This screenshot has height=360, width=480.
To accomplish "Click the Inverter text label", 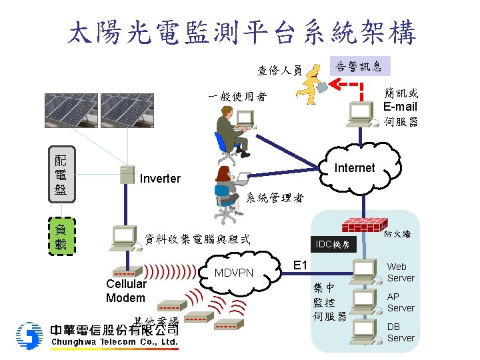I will pos(160,179).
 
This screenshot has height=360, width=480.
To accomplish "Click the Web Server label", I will pos(401,272).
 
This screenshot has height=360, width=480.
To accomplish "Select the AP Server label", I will pos(401,302).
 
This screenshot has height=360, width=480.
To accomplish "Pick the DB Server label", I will pos(401,332).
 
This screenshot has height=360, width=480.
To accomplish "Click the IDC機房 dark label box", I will pos(336,245).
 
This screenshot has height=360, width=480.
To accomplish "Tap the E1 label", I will pos(301,266).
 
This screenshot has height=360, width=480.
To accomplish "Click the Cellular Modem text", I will pos(126,291).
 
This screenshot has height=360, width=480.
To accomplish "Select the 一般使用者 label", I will pos(237,97).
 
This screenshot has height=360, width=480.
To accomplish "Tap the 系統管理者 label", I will pos(275,197).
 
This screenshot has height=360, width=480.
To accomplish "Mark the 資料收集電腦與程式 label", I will pos(198,239).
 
